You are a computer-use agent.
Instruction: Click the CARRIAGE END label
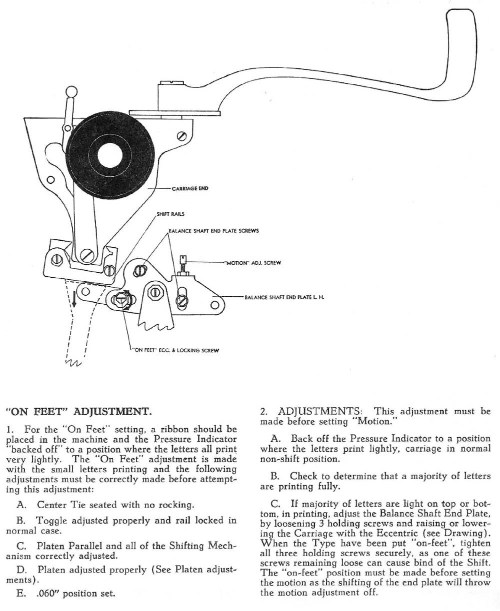pyautogui.click(x=189, y=188)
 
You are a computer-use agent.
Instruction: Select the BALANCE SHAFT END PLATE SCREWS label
pyautogui.click(x=213, y=231)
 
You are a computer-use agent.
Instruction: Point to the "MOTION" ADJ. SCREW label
pyautogui.click(x=252, y=263)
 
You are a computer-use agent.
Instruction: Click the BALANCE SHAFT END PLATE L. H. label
pyautogui.click(x=284, y=297)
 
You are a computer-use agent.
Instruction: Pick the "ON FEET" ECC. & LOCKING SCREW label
pyautogui.click(x=175, y=350)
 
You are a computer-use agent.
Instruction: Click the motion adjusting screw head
pyautogui.click(x=183, y=259)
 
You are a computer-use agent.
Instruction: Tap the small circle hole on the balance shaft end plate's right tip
pyautogui.click(x=215, y=303)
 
